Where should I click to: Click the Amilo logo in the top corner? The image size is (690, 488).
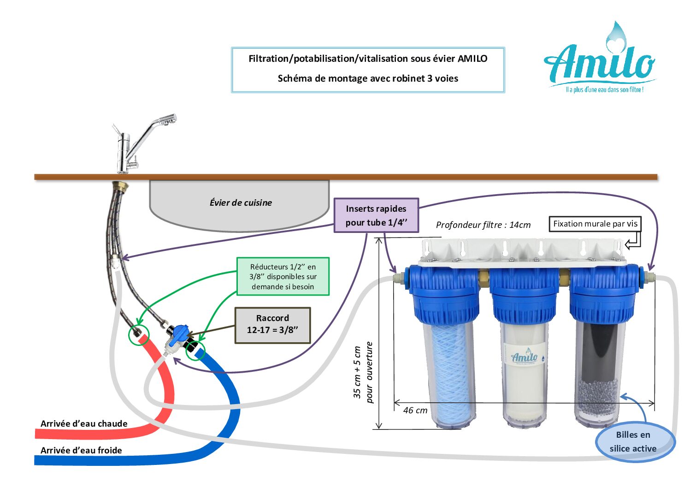(599, 60)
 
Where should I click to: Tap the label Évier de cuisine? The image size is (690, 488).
(241, 202)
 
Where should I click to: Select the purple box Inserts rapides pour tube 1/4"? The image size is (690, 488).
(376, 215)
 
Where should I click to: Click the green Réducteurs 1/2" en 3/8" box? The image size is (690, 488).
(283, 276)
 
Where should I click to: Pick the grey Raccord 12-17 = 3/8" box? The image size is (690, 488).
(272, 325)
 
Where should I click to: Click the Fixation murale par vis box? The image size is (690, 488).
(595, 224)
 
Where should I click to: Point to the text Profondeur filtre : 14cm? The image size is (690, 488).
(483, 225)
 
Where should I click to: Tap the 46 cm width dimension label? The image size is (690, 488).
(415, 410)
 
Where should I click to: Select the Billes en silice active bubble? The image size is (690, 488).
(634, 442)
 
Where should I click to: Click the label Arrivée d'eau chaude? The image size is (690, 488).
(84, 423)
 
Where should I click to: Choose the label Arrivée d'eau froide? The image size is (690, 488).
(81, 450)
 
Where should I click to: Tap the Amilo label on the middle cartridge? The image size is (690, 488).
(525, 357)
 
